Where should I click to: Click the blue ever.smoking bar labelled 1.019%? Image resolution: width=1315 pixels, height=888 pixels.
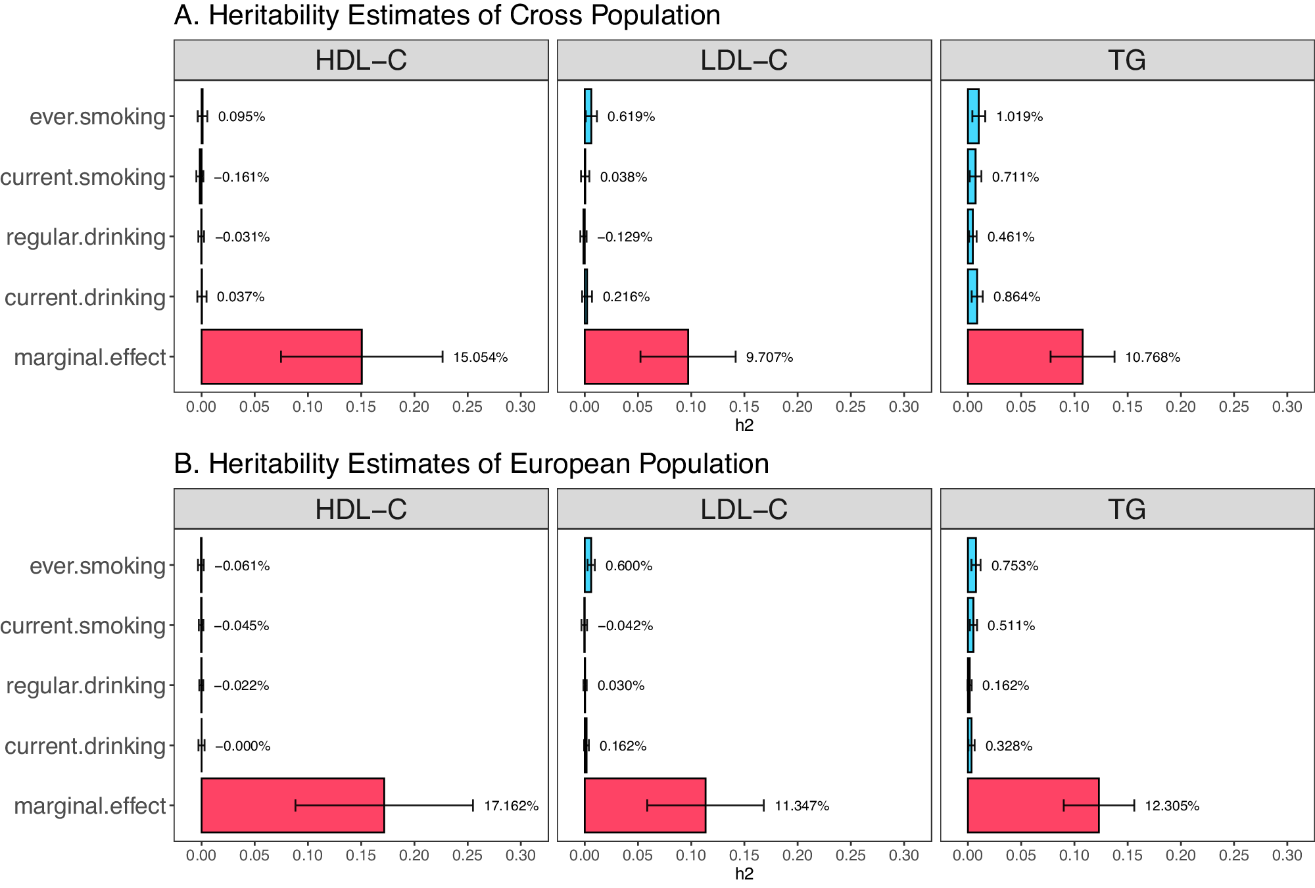(973, 116)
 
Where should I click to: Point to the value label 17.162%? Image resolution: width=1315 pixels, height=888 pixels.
(511, 806)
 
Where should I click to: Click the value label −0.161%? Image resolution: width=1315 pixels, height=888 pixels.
(241, 177)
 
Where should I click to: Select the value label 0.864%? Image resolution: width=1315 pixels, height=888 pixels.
(1016, 297)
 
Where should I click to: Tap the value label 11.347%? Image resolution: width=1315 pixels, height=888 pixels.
(801, 806)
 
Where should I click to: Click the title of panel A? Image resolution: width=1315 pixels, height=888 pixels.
(447, 16)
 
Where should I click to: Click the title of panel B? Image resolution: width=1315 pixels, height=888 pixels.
(471, 464)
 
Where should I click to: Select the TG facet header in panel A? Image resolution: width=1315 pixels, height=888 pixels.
(1127, 61)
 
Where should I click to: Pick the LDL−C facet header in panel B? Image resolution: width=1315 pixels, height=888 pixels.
(744, 509)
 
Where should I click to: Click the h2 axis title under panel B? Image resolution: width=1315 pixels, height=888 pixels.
(744, 874)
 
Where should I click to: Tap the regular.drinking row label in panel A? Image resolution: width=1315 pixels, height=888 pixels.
(85, 237)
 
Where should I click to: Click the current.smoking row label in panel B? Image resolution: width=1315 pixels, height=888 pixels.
(83, 626)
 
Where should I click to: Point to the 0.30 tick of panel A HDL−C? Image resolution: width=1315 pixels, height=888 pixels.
(520, 407)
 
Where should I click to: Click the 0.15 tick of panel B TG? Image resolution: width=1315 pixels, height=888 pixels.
(1127, 856)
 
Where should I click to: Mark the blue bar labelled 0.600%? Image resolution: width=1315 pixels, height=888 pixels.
(588, 565)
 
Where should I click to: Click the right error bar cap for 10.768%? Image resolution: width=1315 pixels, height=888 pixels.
(1114, 357)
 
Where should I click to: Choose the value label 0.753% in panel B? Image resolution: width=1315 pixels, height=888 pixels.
(1015, 566)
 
